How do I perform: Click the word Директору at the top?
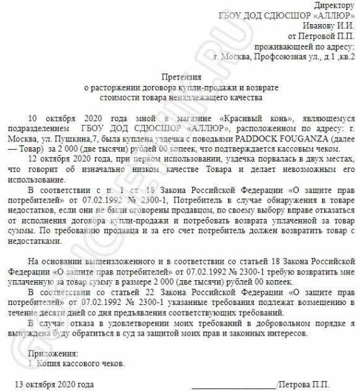(332, 5)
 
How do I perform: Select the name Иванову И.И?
(330, 25)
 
